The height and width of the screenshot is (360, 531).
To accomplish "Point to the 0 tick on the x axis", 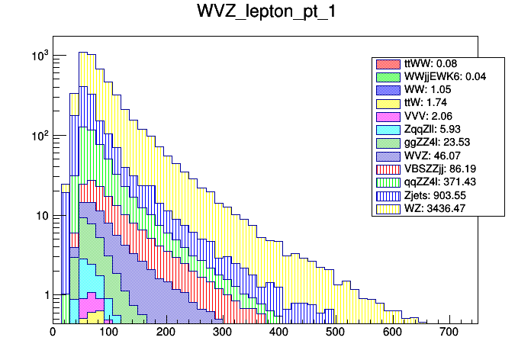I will tap(53, 333).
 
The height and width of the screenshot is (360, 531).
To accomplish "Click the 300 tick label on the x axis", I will tap(222, 333).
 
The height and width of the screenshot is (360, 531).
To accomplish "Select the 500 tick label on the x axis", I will tap(335, 333).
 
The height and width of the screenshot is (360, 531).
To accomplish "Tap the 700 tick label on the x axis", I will tap(448, 333).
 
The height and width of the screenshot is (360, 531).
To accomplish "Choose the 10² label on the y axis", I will tap(39, 136).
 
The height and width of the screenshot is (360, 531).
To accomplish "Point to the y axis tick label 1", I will tap(43, 295).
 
